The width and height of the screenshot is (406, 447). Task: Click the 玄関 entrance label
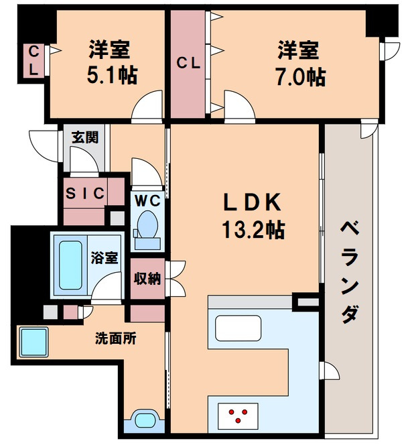85,137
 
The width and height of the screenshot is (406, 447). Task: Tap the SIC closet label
85,194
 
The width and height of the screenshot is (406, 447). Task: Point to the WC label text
147,201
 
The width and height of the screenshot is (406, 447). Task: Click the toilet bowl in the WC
147,225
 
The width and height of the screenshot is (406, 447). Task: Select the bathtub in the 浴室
70,265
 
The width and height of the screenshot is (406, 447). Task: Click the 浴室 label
105,257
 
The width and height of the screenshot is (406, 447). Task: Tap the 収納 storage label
147,278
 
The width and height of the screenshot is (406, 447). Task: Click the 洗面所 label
116,338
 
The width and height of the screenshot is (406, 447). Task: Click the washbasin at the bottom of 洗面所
145,420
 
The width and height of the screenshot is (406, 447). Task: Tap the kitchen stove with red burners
238,416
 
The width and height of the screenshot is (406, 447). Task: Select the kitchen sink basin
239,328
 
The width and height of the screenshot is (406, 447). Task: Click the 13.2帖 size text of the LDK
253,230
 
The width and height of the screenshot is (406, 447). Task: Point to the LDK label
252,202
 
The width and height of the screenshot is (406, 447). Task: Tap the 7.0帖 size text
300,77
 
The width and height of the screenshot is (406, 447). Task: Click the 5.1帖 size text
112,75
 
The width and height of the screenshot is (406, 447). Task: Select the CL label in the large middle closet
188,63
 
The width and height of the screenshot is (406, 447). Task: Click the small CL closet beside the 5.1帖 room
33,61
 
